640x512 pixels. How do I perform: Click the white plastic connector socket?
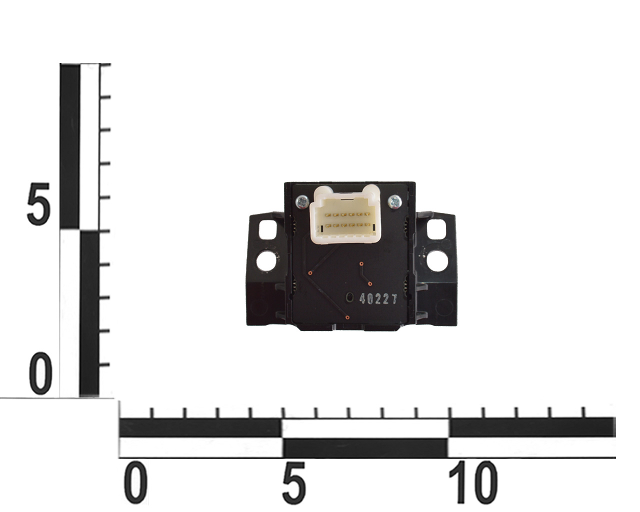pyautogui.click(x=345, y=214)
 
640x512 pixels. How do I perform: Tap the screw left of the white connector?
pyautogui.click(x=303, y=203)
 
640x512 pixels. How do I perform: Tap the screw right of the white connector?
pyautogui.click(x=395, y=202)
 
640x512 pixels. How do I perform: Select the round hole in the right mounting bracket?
pyautogui.click(x=437, y=261)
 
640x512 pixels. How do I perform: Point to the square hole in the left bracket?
pyautogui.click(x=268, y=229)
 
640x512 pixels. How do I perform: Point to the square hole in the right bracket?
pyautogui.click(x=436, y=229)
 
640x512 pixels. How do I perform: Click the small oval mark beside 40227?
pyautogui.click(x=350, y=297)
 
